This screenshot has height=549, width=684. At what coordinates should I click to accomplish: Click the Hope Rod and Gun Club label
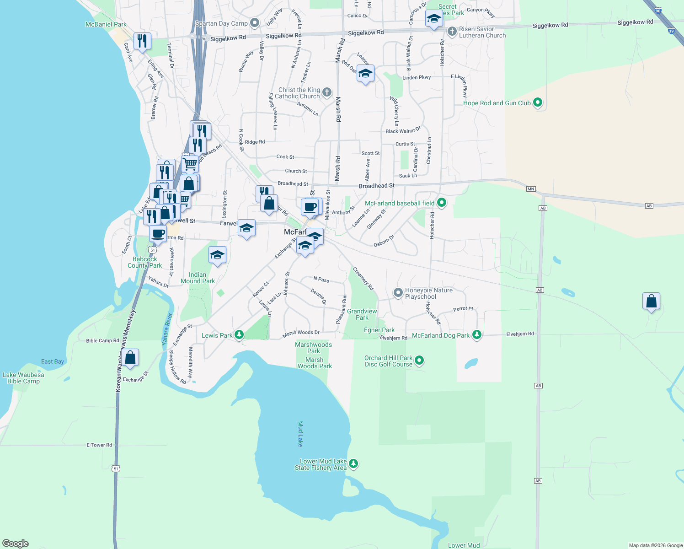pos(497,103)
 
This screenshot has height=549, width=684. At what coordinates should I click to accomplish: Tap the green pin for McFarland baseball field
pos(442,202)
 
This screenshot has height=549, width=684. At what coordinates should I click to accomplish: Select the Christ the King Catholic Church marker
pos(326,92)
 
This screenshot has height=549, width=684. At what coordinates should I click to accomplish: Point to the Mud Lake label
pos(300,434)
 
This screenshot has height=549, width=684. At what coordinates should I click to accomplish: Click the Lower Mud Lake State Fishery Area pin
pos(353,464)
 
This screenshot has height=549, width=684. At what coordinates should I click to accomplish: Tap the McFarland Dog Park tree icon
pos(477,335)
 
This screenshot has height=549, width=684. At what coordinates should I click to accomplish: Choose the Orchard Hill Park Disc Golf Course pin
pos(419,361)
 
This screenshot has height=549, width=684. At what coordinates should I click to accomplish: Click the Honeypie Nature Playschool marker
pos(398,292)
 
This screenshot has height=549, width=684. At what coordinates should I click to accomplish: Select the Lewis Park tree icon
pos(239,335)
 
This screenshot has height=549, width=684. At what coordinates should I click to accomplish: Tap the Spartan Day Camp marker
pos(255,23)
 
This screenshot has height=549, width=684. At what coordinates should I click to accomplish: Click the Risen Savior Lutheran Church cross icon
pos(452,32)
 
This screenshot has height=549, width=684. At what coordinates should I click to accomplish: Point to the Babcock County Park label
pos(144,262)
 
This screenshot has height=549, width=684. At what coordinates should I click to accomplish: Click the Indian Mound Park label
pos(198,278)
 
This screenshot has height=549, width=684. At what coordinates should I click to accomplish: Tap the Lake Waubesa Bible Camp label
pos(23,378)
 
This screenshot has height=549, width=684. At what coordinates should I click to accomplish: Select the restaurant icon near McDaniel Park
pos(142,41)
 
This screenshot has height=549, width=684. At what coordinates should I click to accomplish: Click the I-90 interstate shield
pos(657,10)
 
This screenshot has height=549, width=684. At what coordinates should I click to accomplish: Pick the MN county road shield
pos(530,188)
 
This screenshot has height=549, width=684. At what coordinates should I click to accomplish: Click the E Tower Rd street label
pos(99,445)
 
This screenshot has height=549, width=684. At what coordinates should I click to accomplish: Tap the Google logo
pos(16,544)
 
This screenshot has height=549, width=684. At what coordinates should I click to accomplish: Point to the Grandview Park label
pos(362,314)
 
